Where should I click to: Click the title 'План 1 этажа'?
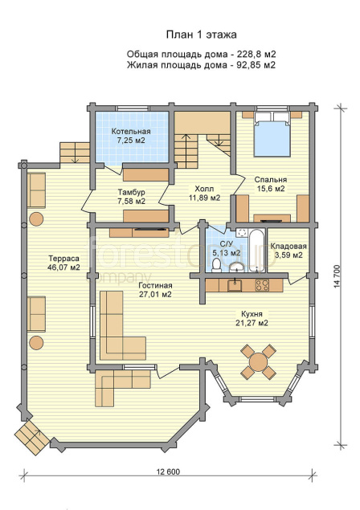201,35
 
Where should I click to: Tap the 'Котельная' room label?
131,132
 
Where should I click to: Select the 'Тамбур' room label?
132,192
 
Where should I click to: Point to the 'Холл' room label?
204,189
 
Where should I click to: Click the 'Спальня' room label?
271,180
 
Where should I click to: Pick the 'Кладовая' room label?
288,247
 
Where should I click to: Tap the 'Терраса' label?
63,259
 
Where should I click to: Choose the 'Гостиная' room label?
155,286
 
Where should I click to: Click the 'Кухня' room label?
252,314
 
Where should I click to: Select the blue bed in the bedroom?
272,135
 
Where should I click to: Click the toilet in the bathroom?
216,265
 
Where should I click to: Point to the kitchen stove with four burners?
262,285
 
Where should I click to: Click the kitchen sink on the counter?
235,285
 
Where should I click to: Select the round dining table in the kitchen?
258,361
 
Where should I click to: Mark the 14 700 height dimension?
337,276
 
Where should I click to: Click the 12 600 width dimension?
168,471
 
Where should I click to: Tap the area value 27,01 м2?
155,295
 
